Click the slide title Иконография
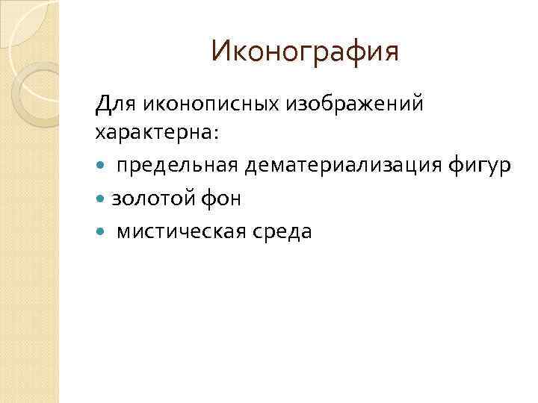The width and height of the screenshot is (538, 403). coord(305,51)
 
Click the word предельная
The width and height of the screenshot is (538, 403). coord(175,166)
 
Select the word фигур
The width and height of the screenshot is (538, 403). coord(482,166)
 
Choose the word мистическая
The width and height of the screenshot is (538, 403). coord(178,231)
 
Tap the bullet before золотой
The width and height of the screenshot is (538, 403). coord(102,199)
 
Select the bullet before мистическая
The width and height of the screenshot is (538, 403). coord(102,232)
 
